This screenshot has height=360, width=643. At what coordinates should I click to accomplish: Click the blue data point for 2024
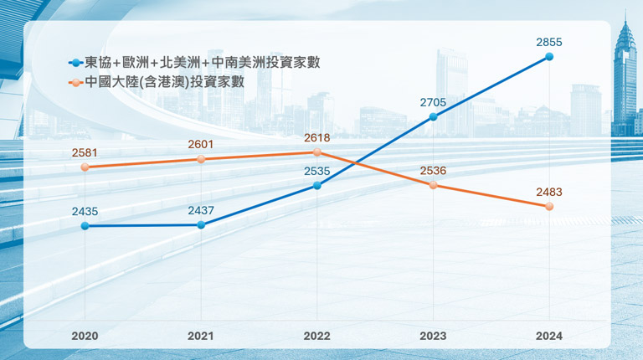tap(549, 57)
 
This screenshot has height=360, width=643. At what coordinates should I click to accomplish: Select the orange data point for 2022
tap(317, 152)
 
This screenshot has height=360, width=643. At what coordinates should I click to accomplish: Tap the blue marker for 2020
tap(85, 226)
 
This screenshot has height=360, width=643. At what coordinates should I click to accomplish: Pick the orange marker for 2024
tap(549, 206)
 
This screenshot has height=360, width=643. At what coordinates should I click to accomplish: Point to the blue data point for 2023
tap(434, 117)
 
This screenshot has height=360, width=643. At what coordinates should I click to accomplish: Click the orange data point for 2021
tap(201, 159)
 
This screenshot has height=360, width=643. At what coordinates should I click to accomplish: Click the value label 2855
tap(548, 41)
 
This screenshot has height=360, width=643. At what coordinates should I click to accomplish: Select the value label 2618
tap(316, 137)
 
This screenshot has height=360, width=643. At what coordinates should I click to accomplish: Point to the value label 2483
tap(548, 192)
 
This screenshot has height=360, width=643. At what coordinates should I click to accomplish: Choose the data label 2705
tap(433, 102)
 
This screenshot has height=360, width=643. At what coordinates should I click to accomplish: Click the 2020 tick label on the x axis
tap(85, 336)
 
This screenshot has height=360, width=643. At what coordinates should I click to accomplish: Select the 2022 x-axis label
tap(316, 336)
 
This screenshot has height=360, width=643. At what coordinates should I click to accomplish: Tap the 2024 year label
tap(549, 336)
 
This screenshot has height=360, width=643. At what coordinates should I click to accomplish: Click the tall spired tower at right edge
tap(624, 75)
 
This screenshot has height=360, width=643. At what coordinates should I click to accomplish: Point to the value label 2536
tap(433, 170)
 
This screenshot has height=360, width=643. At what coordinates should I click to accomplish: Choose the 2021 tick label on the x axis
tap(201, 336)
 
